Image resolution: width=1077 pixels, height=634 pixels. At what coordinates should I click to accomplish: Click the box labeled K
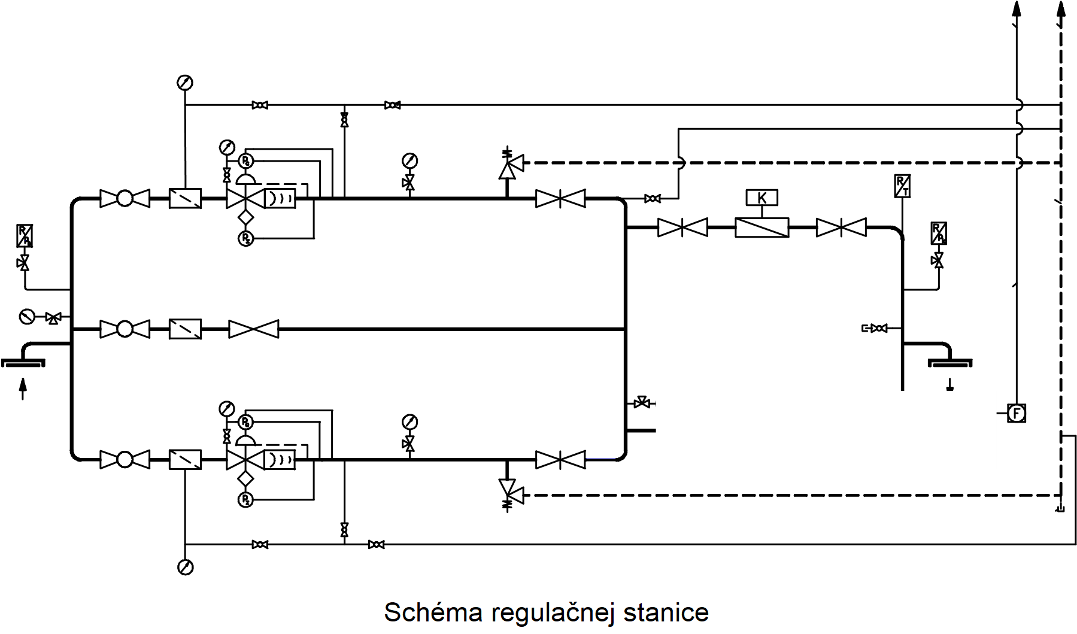point(762,198)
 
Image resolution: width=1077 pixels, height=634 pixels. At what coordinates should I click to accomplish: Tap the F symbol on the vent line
point(1016,413)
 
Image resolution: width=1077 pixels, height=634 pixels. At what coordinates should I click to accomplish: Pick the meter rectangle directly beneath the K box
point(762,227)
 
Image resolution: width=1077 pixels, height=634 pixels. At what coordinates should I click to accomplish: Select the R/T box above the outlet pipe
point(902,186)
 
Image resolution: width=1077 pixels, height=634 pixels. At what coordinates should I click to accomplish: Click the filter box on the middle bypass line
point(185,329)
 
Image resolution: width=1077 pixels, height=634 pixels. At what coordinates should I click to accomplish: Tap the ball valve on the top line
point(125,198)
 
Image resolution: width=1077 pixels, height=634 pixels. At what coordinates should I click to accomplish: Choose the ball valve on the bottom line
point(125,459)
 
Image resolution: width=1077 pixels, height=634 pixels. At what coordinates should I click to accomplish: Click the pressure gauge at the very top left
point(185,83)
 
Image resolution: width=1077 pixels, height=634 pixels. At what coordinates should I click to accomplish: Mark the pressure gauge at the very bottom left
point(185,566)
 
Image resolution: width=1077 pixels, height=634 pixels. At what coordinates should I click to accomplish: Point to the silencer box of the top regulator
point(280,198)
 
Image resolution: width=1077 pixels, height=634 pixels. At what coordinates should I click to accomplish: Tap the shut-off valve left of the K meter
point(682,227)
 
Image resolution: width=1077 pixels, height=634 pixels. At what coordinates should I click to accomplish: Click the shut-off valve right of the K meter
point(841,227)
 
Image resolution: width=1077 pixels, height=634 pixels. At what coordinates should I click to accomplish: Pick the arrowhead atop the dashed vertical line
point(1060,11)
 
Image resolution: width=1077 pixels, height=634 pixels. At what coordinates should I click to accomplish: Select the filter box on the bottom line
point(185,459)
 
